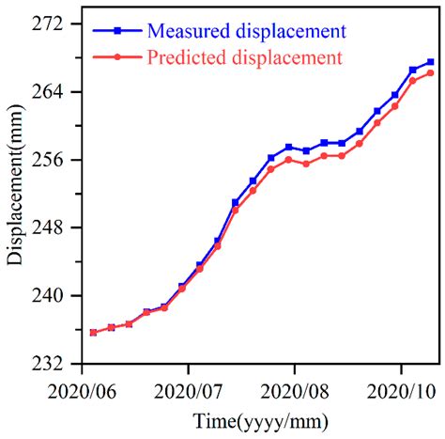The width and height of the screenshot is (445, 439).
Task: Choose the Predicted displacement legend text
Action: click(244, 58)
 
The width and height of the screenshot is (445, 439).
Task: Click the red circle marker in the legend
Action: click(116, 59)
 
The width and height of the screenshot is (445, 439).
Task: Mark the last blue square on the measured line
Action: click(431, 62)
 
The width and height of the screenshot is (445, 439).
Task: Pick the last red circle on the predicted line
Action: click(431, 72)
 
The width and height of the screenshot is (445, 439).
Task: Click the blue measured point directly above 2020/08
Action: click(289, 147)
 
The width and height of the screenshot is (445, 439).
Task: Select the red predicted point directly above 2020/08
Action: click(289, 159)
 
